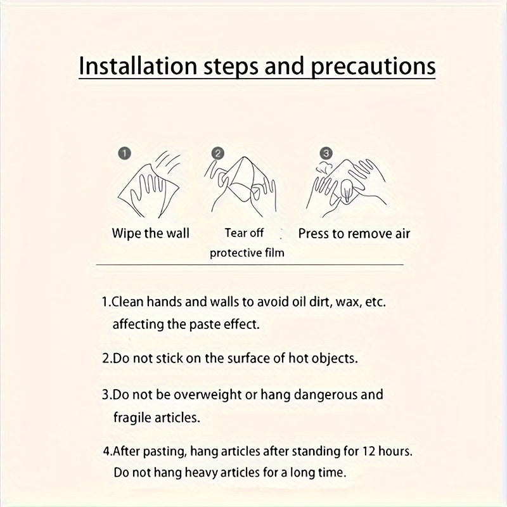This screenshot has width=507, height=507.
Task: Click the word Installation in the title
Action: click(138, 66)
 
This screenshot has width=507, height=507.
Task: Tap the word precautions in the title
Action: click(373, 67)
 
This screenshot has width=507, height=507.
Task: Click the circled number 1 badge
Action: click(124, 153)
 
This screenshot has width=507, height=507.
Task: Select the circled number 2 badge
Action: click(217, 153)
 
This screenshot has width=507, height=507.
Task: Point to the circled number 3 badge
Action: click(326, 153)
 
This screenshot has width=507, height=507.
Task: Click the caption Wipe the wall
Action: click(150, 233)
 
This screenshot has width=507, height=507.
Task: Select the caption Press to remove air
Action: click(354, 234)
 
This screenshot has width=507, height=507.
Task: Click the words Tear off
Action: click(244, 233)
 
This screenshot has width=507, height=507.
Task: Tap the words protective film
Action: click(247, 253)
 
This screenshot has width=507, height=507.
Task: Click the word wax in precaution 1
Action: click(347, 302)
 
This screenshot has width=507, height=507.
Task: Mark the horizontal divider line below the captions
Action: click(250, 265)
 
